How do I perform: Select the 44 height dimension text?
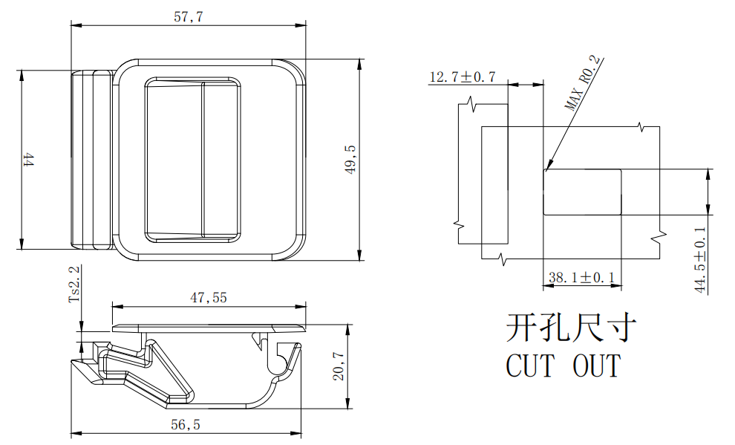[x=28, y=160]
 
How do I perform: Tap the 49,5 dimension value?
[x=350, y=160]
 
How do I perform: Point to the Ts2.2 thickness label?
[x=73, y=285]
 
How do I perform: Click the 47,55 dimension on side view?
[x=209, y=298]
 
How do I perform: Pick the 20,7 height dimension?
[x=339, y=366]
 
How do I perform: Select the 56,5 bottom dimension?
[x=186, y=425]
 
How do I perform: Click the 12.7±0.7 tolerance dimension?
[x=462, y=77]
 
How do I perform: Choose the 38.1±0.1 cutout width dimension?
[x=581, y=278]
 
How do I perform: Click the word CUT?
[x=530, y=366]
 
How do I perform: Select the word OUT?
[x=596, y=366]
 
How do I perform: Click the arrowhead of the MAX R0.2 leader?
[x=548, y=168]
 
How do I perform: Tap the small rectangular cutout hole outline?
[x=582, y=192]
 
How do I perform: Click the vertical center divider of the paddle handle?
[x=203, y=160]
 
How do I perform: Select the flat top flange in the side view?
[x=208, y=328]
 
